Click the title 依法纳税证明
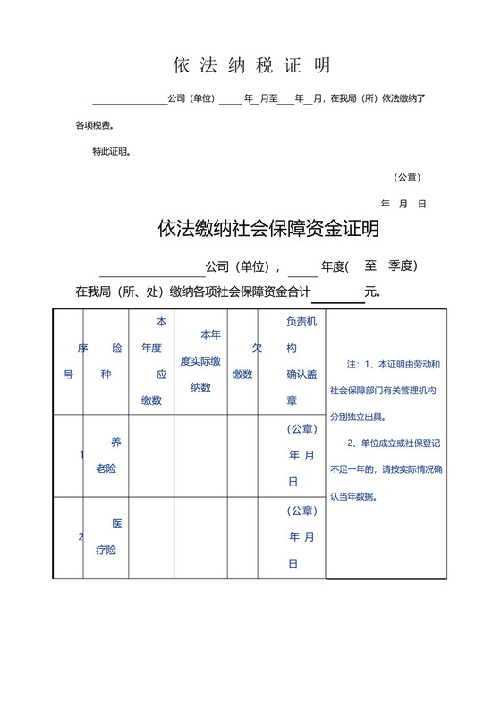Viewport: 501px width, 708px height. click(251, 65)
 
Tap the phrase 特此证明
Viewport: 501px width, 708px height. click(112, 152)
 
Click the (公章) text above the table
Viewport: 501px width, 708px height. click(407, 177)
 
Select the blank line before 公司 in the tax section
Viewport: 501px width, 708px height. click(130, 99)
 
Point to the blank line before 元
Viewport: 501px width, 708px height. click(337, 293)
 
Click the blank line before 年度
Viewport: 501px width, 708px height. click(303, 267)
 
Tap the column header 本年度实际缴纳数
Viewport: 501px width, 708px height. click(200, 361)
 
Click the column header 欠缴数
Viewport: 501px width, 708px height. click(242, 361)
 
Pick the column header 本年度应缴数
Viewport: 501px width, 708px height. click(151, 361)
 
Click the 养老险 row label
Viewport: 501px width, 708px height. click(106, 455)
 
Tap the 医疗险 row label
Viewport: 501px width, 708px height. click(106, 537)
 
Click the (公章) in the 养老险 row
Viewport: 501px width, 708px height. click(301, 428)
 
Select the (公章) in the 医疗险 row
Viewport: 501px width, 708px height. click(301, 510)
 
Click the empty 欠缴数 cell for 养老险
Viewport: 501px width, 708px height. click(242, 456)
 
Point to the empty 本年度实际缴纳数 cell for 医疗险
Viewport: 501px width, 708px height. click(200, 538)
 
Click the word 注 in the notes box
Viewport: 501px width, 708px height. click(352, 365)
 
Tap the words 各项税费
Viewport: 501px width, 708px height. click(94, 126)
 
